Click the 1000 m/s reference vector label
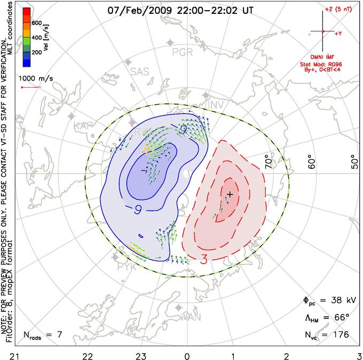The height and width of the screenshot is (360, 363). pyautogui.click(x=37, y=77)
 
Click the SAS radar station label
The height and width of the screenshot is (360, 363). pyautogui.click(x=140, y=71)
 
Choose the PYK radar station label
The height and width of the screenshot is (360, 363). pyautogui.click(x=126, y=265)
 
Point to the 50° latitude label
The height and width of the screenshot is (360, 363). pyautogui.click(x=354, y=161)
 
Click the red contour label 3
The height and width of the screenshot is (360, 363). pyautogui.click(x=204, y=260)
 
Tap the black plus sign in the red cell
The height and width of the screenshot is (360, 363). pyautogui.click(x=230, y=193)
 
